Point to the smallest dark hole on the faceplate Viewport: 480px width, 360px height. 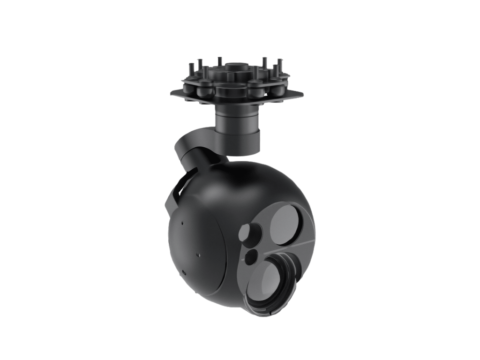tap(252, 255)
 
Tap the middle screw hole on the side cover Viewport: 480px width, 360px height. tap(199, 255)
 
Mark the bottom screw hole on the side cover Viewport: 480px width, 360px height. tap(184, 272)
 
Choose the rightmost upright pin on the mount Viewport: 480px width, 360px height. tap(280, 63)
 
